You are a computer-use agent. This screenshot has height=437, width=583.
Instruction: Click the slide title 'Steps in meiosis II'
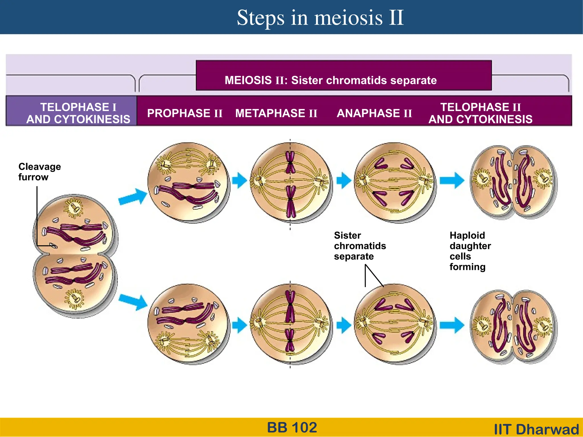click(320, 18)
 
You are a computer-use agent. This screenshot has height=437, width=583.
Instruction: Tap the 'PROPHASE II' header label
click(185, 113)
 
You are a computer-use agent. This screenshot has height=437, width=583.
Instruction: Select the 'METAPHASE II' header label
click(276, 113)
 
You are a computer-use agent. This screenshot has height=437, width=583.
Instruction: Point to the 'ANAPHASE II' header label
click(374, 113)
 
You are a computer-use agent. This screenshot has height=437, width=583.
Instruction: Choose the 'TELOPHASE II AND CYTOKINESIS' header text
click(481, 113)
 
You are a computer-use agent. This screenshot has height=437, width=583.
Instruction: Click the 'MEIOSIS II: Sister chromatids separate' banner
click(330, 80)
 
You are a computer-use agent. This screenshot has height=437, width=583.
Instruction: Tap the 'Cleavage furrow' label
click(39, 172)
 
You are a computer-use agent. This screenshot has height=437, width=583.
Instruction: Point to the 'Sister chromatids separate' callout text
click(360, 246)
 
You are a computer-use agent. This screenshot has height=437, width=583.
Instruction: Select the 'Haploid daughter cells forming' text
click(470, 251)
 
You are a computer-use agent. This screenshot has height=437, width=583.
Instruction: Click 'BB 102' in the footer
click(292, 427)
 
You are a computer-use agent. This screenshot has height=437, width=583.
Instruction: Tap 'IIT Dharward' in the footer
click(536, 429)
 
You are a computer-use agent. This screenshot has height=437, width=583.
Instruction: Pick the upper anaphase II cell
click(395, 182)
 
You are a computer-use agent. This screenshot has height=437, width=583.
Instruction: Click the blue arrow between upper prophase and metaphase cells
click(239, 180)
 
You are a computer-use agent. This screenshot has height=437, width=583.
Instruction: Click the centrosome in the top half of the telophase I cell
click(74, 208)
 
